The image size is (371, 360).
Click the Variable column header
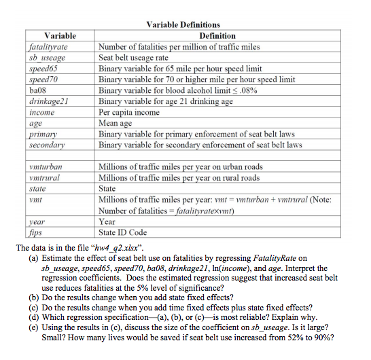click(60, 35)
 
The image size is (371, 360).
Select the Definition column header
click(217, 35)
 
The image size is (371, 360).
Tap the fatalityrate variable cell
click(48, 47)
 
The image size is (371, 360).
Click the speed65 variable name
click(41, 69)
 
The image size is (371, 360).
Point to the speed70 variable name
click(41, 79)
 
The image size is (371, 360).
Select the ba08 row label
click(37, 90)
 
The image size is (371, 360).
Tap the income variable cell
click(40, 112)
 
